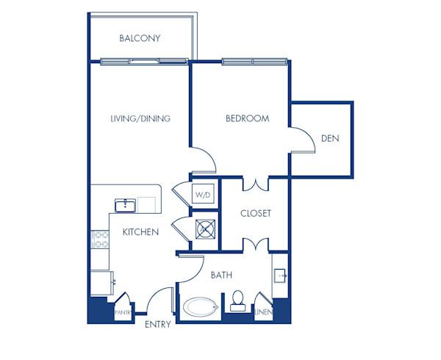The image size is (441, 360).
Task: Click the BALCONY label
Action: coord(140,38)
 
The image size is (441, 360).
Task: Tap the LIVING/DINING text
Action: coord(140,118)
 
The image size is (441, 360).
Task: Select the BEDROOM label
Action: coord(247,118)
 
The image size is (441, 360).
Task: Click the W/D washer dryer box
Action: coord(203,195)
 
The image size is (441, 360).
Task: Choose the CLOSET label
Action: coord(256,214)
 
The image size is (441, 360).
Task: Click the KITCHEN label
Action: coord(140,232)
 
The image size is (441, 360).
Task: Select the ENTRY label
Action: coord(158,324)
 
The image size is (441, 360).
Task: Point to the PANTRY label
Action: coord(123,312)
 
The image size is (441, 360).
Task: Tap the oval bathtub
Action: coord(201,307)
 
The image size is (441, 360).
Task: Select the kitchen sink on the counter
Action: coord(125,204)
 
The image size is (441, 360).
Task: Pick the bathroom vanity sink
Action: coord(280,276)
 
